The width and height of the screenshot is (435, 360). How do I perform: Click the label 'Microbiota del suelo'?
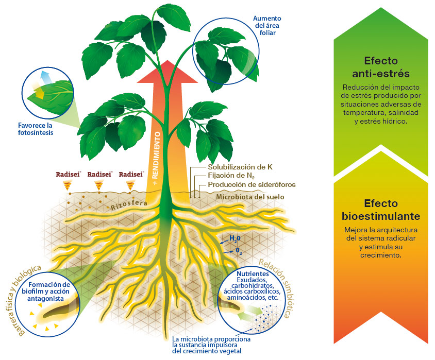coord(250,197)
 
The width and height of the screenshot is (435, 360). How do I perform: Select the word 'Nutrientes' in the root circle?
coord(253,273)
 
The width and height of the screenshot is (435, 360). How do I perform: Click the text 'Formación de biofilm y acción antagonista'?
coord(49,292)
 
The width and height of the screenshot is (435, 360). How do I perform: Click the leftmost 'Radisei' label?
coord(69,174)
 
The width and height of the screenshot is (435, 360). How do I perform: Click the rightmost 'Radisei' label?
coord(130,174)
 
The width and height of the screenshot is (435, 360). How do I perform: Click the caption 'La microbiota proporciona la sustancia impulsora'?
coord(211,342)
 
